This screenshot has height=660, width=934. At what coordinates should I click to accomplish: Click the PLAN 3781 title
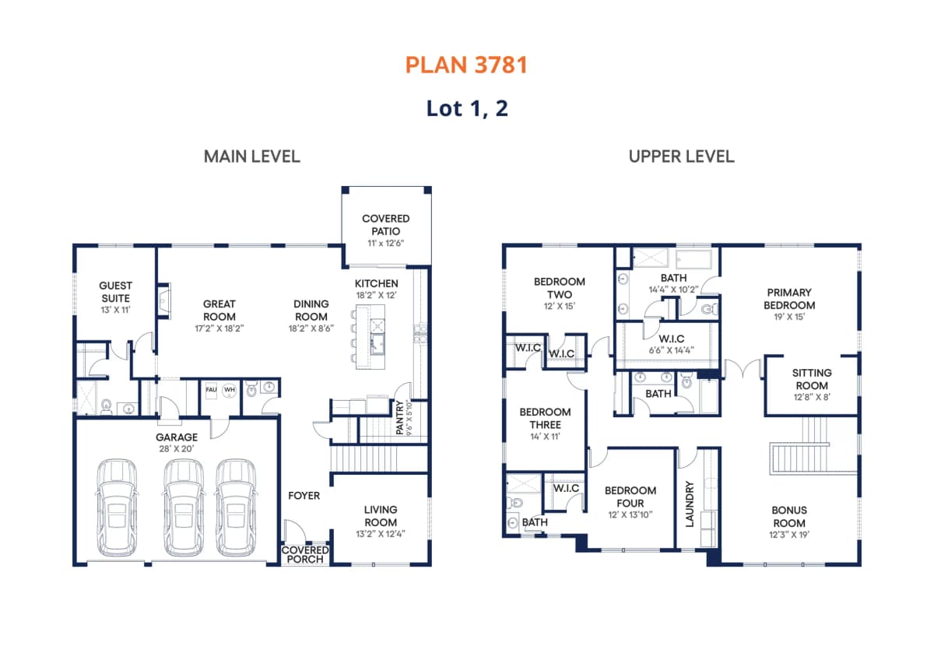(466, 65)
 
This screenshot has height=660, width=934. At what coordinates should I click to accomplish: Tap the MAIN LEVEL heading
(252, 156)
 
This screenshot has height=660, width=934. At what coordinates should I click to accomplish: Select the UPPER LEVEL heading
(681, 156)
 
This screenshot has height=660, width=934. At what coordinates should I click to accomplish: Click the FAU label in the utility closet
(211, 390)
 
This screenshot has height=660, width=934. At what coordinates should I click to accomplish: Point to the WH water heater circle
(230, 391)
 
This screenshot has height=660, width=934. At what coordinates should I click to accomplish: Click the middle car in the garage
(184, 507)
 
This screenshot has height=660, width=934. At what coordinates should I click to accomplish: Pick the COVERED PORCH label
(305, 555)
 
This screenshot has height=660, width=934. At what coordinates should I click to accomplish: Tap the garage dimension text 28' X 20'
(177, 449)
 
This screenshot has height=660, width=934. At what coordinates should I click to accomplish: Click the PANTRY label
(399, 417)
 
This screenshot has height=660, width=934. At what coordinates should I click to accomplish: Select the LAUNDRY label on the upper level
(690, 504)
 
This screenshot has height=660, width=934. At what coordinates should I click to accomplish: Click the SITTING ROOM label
(811, 379)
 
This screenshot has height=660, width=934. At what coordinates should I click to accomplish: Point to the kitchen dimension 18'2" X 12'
(376, 296)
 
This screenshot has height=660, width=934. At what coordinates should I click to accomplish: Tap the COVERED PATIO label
(386, 225)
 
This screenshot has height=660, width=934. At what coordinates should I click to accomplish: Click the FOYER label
(304, 496)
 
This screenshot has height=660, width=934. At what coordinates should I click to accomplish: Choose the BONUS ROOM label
(789, 517)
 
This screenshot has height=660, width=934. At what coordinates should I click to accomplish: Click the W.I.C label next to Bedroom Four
(566, 488)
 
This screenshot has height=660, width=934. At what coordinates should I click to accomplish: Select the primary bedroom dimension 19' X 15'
(789, 317)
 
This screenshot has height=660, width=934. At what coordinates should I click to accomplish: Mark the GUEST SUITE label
(115, 292)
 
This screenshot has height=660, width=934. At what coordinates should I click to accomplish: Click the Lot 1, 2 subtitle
(467, 109)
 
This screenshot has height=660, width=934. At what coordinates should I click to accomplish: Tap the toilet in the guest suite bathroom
(107, 405)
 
